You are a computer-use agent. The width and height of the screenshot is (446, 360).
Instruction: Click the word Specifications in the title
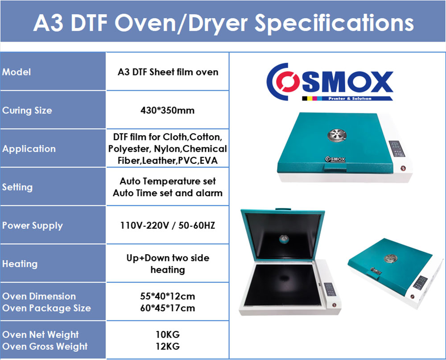[x=334, y=23]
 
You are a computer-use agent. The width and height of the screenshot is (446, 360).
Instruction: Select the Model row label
[x=17, y=72]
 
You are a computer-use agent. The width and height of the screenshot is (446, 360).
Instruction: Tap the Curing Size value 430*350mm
[x=168, y=110]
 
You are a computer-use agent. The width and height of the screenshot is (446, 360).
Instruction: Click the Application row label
[x=29, y=149]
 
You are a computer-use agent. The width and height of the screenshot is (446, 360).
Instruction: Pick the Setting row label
[x=17, y=187]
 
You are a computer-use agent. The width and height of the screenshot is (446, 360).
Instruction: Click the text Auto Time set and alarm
[x=168, y=193]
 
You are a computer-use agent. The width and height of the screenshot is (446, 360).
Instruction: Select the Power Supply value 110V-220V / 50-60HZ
[x=168, y=225]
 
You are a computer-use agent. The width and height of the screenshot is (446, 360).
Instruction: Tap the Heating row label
[x=20, y=264]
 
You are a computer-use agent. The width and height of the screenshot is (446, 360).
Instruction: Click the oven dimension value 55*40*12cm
[x=168, y=296]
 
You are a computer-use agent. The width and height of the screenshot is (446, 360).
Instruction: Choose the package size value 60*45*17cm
[x=168, y=308]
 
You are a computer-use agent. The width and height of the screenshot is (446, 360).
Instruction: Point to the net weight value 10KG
[x=168, y=335]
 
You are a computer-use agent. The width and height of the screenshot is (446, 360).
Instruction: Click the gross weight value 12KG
[x=168, y=346]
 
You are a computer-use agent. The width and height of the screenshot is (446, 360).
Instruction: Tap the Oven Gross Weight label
[x=45, y=346]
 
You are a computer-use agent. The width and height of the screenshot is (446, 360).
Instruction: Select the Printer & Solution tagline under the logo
[x=350, y=99]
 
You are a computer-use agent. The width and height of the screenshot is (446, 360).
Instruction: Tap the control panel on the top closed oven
[x=397, y=149]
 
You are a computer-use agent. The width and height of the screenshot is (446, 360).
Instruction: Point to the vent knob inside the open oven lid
[x=284, y=239]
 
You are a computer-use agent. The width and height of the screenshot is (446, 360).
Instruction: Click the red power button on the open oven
[x=334, y=305]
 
